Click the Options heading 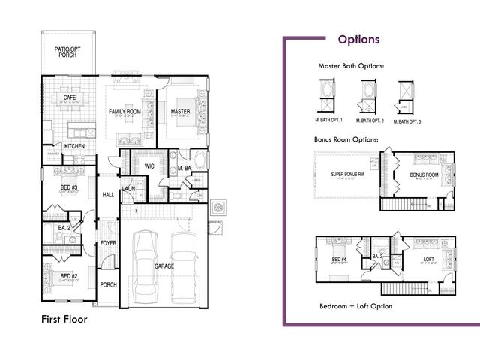pos(358,40)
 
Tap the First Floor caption pos(64,319)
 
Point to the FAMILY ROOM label pos(124,112)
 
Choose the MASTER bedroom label pos(180,112)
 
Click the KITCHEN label pos(73,146)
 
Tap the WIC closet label pos(149,166)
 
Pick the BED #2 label pos(69,276)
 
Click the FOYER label pos(109,243)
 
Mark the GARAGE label pos(165,266)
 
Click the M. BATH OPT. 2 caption pos(369,121)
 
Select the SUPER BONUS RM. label pos(346,175)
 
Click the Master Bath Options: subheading pos(351,66)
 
